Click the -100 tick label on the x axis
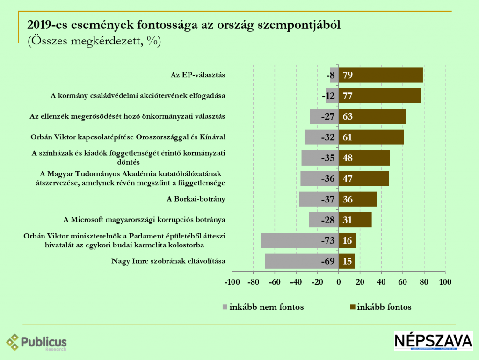point(232,282)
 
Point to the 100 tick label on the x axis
point(445,282)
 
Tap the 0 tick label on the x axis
point(339,282)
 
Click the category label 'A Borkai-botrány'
point(196,199)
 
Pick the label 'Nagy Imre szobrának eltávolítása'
point(168,261)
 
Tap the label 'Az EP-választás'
point(198,75)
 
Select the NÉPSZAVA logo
point(433,341)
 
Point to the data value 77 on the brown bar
point(347,96)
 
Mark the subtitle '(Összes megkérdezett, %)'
point(94,41)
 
